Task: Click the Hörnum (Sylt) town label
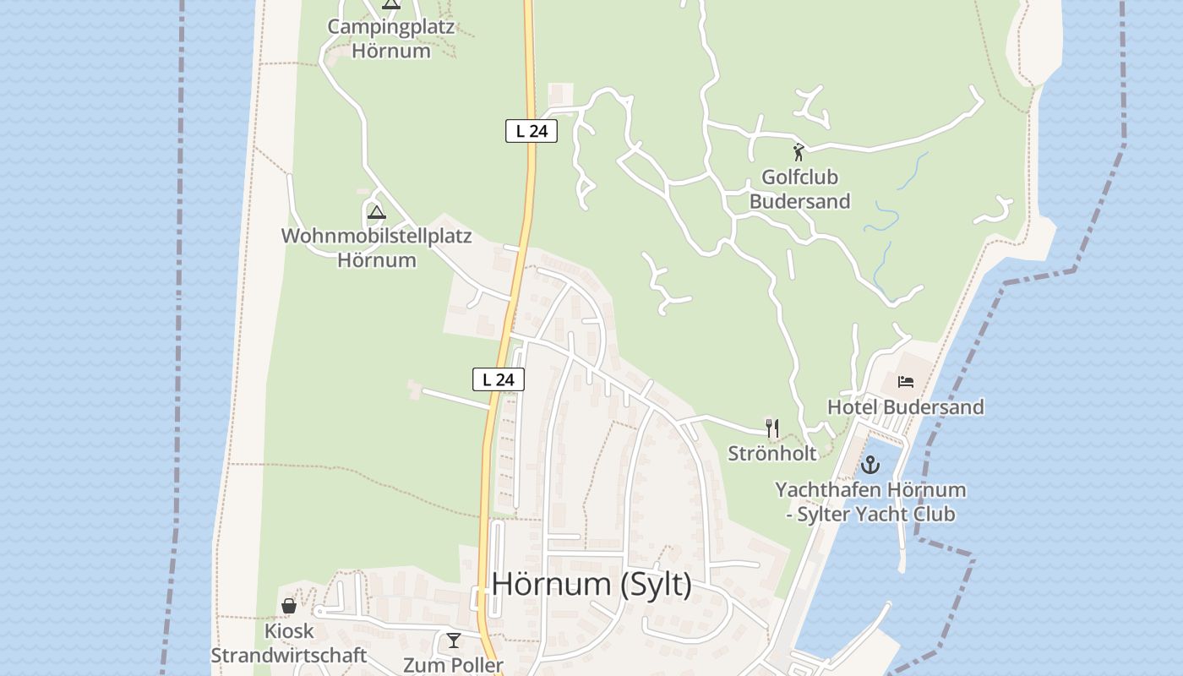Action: pyautogui.click(x=591, y=585)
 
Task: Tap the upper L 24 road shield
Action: pyautogui.click(x=532, y=131)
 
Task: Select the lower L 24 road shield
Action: pyautogui.click(x=499, y=379)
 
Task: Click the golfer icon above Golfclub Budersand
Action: pyautogui.click(x=799, y=153)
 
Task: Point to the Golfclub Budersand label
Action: pyautogui.click(x=799, y=189)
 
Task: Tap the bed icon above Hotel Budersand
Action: pyautogui.click(x=906, y=382)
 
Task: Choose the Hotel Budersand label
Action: pyautogui.click(x=905, y=407)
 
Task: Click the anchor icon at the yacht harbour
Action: pyautogui.click(x=870, y=465)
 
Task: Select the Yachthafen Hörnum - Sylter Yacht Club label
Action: pyautogui.click(x=870, y=502)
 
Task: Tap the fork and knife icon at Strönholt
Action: pyautogui.click(x=771, y=428)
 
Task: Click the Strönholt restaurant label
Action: pyautogui.click(x=772, y=454)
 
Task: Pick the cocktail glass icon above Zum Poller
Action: pyautogui.click(x=454, y=641)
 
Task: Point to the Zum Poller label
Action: pyautogui.click(x=453, y=665)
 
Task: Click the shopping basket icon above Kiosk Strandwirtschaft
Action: pyautogui.click(x=289, y=606)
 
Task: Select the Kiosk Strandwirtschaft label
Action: pyautogui.click(x=289, y=643)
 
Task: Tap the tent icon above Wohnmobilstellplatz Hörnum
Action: pyautogui.click(x=377, y=211)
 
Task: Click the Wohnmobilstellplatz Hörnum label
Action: pyautogui.click(x=377, y=248)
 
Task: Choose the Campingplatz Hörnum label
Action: pyautogui.click(x=390, y=38)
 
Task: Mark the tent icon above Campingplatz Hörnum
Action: pyautogui.click(x=390, y=4)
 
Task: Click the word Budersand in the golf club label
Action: pyautogui.click(x=799, y=202)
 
